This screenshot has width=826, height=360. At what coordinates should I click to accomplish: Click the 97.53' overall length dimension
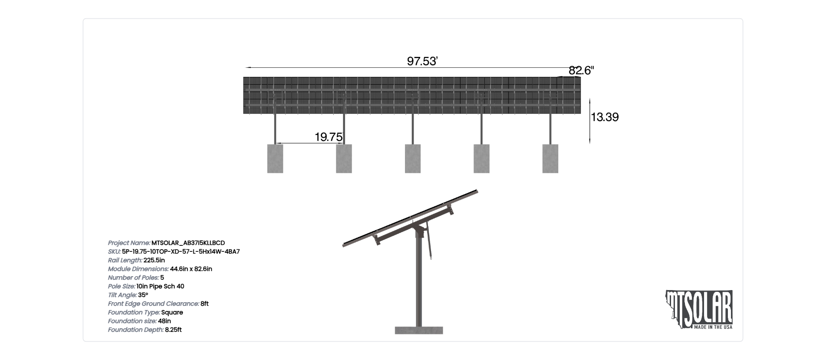[x=422, y=61]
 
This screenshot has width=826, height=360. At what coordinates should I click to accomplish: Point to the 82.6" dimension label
[x=581, y=70]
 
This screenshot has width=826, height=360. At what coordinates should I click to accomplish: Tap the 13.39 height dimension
[x=605, y=117]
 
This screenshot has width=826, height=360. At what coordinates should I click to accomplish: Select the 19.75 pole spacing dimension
[x=329, y=137]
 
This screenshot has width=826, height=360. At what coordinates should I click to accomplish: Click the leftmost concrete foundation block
[x=275, y=159]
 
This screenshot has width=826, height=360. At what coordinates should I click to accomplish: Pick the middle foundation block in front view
[x=413, y=159]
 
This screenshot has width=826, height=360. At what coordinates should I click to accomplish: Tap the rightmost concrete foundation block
[x=550, y=159]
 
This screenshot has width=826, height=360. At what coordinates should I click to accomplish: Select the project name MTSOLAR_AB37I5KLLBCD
[x=188, y=243]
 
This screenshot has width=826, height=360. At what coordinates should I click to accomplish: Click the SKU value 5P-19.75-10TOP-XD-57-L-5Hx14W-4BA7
[x=181, y=252]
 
